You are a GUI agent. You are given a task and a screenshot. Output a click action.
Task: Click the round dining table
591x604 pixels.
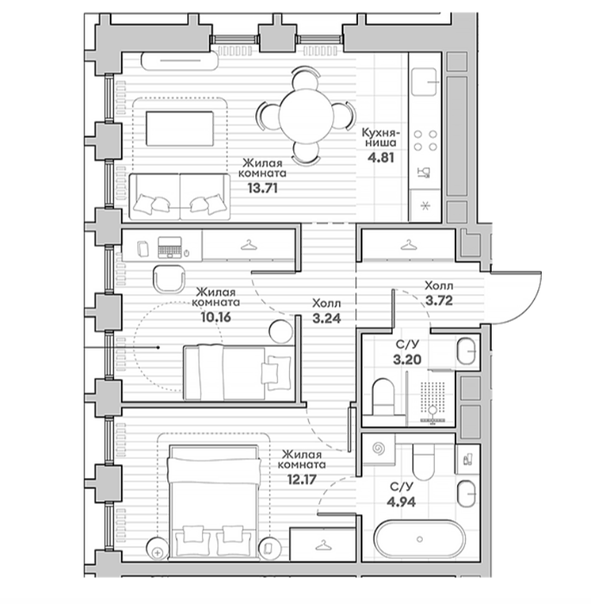point(306,116)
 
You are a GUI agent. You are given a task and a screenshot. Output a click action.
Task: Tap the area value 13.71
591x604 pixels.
point(262,188)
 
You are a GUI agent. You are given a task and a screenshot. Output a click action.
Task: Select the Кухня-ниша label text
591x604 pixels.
point(380,138)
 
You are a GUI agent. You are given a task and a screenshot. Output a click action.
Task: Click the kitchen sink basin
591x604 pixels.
point(424,82)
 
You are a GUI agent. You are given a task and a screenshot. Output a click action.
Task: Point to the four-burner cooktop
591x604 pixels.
point(425,140)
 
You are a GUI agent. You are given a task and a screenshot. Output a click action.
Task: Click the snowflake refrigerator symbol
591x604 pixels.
point(425,206)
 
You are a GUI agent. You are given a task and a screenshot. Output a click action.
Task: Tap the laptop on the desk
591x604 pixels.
point(169,248)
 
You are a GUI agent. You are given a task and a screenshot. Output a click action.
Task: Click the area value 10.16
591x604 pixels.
point(216,317)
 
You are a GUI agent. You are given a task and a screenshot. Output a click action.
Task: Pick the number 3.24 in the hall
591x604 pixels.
point(327,318)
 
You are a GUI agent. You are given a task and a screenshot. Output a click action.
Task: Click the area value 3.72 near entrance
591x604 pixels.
point(439,300)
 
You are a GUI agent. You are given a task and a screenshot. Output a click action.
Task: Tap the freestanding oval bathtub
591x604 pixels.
point(420,539)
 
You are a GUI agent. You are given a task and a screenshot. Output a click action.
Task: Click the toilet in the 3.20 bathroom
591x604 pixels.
point(383,398)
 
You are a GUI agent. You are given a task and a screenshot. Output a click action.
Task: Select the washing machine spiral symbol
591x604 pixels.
point(379,449)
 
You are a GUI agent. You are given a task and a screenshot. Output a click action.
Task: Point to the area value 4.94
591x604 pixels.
point(401,502)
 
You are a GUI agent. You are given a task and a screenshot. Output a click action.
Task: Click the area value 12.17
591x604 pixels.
point(302,480)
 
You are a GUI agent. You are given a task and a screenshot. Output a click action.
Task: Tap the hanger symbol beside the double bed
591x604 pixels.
point(323,545)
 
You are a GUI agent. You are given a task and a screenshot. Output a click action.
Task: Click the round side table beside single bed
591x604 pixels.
point(280,331)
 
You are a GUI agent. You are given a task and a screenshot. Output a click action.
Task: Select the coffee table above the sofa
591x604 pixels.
point(179,129)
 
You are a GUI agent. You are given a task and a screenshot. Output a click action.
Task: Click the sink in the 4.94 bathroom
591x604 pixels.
point(467,494)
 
